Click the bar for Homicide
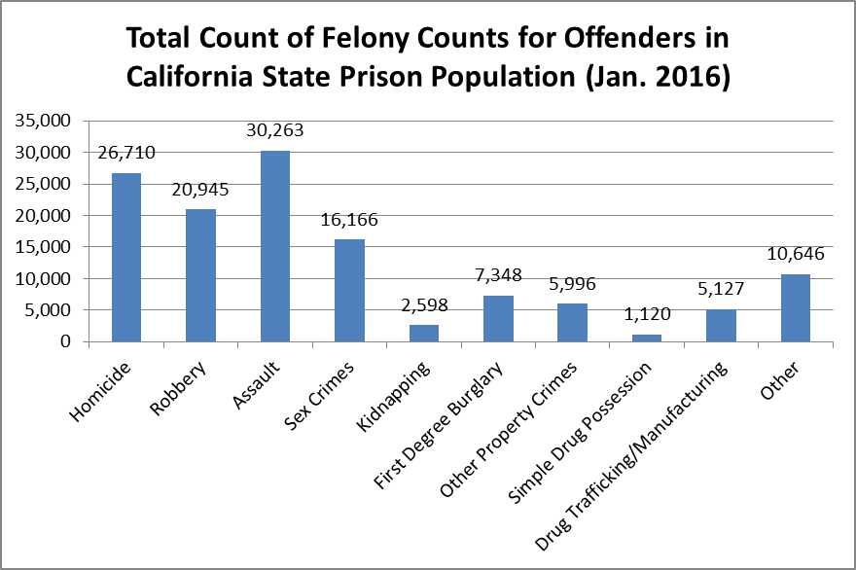(125, 258)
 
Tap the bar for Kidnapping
(423, 333)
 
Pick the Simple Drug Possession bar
(646, 338)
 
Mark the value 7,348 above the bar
(498, 274)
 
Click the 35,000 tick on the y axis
(44, 121)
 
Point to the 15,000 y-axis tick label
(44, 247)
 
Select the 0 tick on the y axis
(66, 341)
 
